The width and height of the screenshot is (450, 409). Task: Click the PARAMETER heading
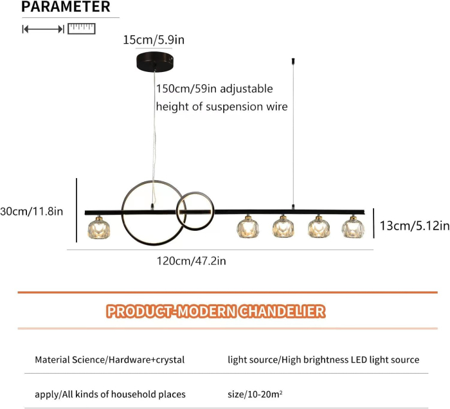point(66,6)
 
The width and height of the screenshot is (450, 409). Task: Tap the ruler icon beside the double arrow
point(82,29)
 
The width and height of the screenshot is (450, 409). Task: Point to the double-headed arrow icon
point(43,29)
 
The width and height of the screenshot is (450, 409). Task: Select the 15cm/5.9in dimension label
point(154,40)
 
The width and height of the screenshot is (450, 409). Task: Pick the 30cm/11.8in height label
point(32,212)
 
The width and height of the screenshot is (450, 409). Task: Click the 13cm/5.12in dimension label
point(415,226)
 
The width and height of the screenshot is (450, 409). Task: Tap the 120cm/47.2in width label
point(191,261)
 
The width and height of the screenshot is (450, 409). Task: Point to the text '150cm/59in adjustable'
point(214,89)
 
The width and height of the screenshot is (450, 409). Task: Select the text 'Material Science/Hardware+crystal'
point(110,359)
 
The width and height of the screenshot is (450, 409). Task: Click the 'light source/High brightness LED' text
point(297,359)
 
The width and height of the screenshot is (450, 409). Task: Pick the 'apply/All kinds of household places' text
point(110,394)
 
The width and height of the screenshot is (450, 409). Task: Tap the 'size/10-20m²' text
point(255,394)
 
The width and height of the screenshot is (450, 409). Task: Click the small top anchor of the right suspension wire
point(293,61)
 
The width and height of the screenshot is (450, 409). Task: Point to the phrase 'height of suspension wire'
point(222,107)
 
